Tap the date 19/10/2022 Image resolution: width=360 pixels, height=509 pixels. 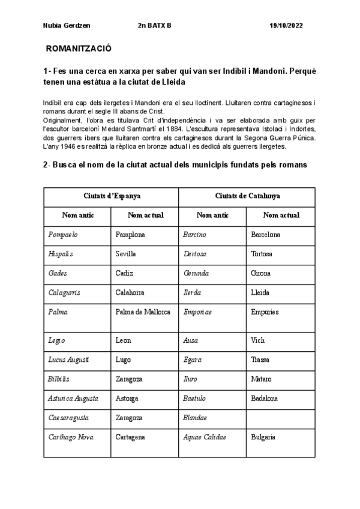pos(287,26)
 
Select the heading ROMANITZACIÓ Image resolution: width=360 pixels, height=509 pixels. pos(79,47)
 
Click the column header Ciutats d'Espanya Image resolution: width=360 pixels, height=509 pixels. pos(112,196)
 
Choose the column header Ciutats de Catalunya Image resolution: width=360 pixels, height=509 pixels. pos(247,196)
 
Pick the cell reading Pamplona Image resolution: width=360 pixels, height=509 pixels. pos(130,234)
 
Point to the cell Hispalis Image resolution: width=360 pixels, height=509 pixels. pos(60,254)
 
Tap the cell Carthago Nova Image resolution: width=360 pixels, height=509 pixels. pos(70,438)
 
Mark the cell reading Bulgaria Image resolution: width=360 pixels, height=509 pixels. pos(264,438)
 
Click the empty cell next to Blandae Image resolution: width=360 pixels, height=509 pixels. pos(281,417)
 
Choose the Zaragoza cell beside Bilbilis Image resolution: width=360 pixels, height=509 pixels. pos(129,379)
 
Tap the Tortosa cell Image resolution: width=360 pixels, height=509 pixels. pos(262,254)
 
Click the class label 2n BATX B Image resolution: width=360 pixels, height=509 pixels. pos(154,26)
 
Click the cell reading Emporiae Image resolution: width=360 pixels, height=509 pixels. pos(197,312)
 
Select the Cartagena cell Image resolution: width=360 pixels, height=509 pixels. pos(130,438)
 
